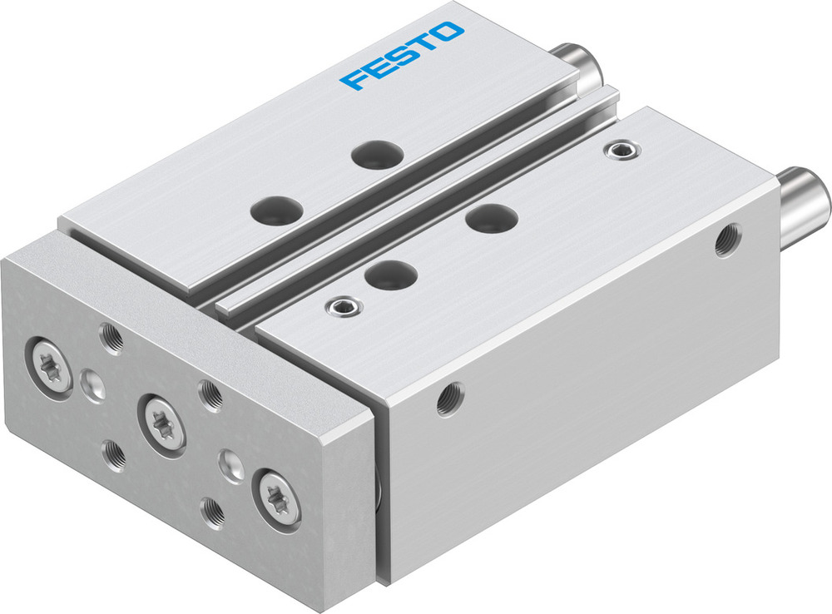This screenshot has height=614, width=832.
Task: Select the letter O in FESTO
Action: click(448, 33)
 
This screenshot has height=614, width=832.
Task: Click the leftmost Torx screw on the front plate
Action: click(52, 368)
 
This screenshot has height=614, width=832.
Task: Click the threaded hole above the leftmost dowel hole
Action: click(111, 337)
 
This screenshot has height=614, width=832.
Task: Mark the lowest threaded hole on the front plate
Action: click(214, 510)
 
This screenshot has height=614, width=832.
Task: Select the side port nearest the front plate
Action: click(450, 399)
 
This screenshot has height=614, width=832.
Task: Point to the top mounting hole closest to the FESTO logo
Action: click(377, 153)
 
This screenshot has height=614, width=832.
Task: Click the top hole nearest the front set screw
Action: click(391, 274)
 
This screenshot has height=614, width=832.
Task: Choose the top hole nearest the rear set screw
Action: click(492, 218)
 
